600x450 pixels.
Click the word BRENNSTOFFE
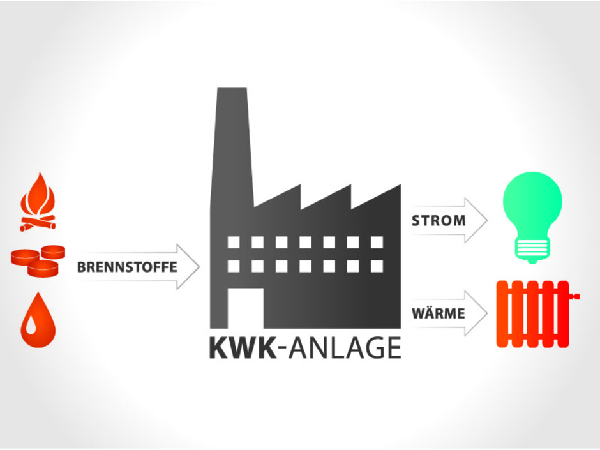(x=127, y=267)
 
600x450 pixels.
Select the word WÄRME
(x=438, y=314)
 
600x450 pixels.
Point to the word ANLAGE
(x=344, y=349)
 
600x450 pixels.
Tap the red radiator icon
(x=533, y=313)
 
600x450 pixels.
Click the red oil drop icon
(x=38, y=324)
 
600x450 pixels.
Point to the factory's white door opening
(x=245, y=308)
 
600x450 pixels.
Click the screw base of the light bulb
(x=532, y=250)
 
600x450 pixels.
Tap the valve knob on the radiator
(x=576, y=296)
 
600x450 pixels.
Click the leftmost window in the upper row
(x=234, y=243)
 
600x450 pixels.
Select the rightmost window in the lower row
(x=377, y=266)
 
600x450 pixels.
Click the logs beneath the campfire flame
(x=38, y=223)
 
